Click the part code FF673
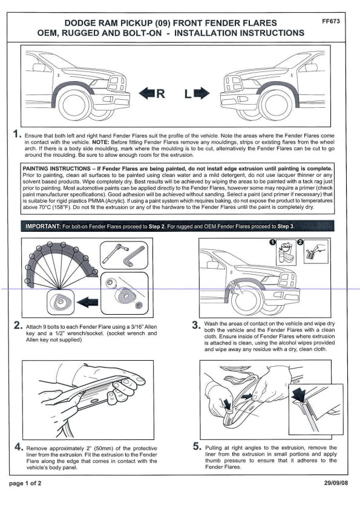coord(331,21)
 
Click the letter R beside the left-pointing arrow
coord(160,94)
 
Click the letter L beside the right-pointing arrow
coord(188,94)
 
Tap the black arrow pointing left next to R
coord(147,93)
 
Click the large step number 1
coord(17,134)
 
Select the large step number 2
coord(18,325)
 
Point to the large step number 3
coord(196,324)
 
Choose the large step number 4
coord(19,447)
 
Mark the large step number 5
coord(197,446)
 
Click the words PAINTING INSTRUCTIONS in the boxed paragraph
coord(57,168)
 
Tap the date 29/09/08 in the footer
coord(336,483)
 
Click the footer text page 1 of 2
coord(25,484)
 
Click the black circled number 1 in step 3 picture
coord(273,242)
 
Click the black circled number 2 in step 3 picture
coord(300,242)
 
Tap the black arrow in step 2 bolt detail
coord(87,302)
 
